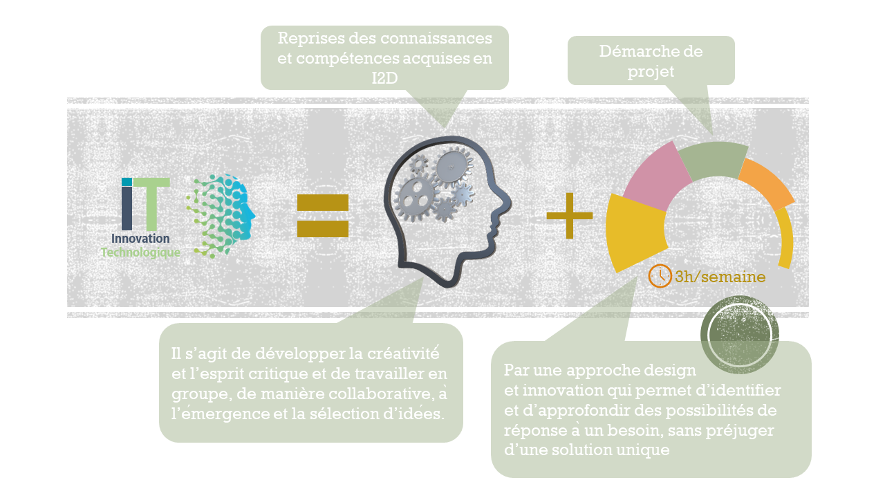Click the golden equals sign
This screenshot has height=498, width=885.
(x=322, y=216)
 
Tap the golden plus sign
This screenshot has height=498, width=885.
(x=570, y=215)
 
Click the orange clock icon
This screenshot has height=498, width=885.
(x=660, y=275)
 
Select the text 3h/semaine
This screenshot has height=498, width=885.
(x=720, y=277)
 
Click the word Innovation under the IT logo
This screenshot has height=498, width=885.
(x=140, y=239)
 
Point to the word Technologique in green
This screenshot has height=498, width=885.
(x=140, y=252)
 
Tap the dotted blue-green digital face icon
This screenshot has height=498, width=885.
(x=221, y=215)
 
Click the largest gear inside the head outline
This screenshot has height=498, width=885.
(x=414, y=196)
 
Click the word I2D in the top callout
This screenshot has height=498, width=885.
(x=384, y=78)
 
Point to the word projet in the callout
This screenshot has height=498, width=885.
(x=651, y=71)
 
